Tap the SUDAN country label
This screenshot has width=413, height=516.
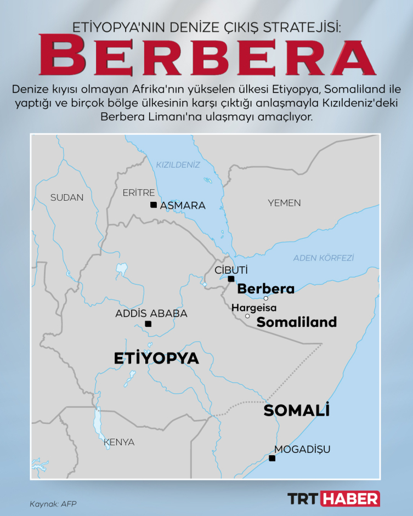pyautogui.click(x=67, y=197)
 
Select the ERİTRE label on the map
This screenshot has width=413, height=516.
pyautogui.click(x=138, y=192)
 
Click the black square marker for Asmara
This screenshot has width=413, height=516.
pyautogui.click(x=154, y=205)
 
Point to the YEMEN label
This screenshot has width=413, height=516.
pyautogui.click(x=284, y=203)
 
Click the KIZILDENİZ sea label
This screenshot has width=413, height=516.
pyautogui.click(x=178, y=165)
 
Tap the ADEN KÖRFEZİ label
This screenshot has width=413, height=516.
pyautogui.click(x=324, y=257)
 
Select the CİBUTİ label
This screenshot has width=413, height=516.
pyautogui.click(x=231, y=270)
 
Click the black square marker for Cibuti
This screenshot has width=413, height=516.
pyautogui.click(x=231, y=279)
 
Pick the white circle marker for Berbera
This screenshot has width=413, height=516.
pyautogui.click(x=266, y=298)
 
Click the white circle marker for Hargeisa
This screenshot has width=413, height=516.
pyautogui.click(x=247, y=316)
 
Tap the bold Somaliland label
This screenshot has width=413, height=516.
pyautogui.click(x=297, y=322)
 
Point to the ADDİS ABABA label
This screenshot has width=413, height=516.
pyautogui.click(x=151, y=314)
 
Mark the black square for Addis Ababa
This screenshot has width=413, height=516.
pyautogui.click(x=148, y=324)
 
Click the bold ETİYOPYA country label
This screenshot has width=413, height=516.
pyautogui.click(x=156, y=358)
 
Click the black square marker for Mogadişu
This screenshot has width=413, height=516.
pyautogui.click(x=271, y=458)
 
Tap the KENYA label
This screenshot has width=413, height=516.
pyautogui.click(x=118, y=442)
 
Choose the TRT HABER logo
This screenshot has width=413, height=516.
pyautogui.click(x=334, y=498)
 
